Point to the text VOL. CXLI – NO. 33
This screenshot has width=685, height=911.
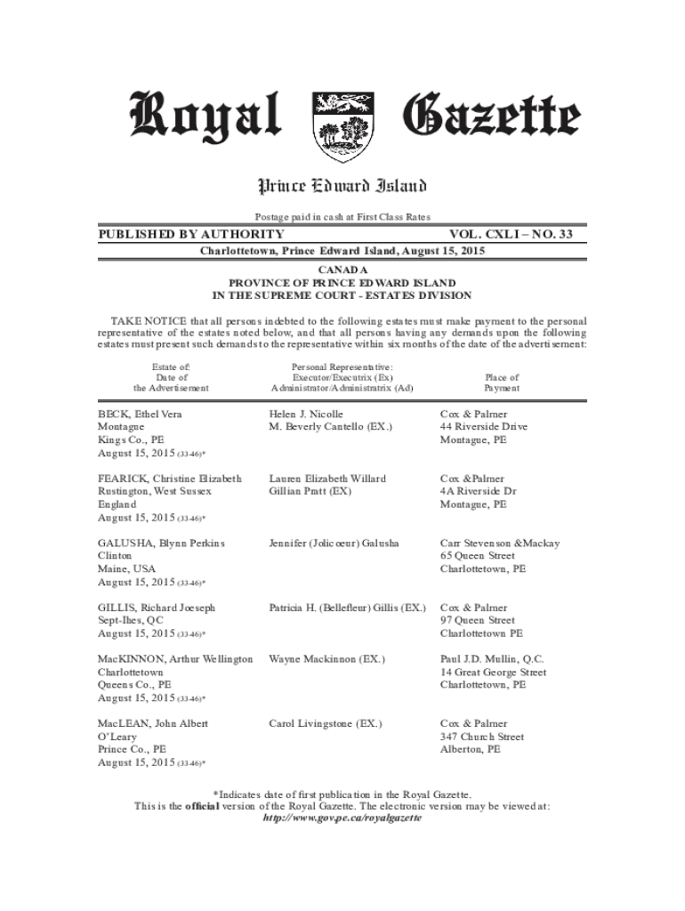coord(518,234)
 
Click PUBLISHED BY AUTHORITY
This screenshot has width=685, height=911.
coord(191,234)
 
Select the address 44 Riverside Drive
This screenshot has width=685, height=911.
coord(484,427)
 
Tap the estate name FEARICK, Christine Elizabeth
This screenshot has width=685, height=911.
coord(170,479)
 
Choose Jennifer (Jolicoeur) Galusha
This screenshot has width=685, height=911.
coord(334,543)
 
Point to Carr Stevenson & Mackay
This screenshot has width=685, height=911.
coord(499,543)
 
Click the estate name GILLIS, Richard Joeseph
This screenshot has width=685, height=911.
coord(157,608)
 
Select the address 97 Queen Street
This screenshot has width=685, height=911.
coord(478,620)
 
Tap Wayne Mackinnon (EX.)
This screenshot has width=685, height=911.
coord(327,659)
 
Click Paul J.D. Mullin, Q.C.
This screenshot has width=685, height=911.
coord(492,659)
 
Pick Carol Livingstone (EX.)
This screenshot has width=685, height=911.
coord(326,724)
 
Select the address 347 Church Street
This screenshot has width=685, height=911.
coord(482,737)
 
